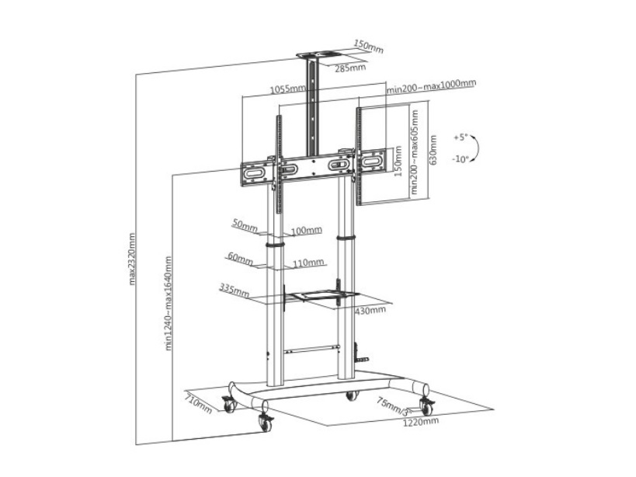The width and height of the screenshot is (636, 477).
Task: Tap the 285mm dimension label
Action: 350,68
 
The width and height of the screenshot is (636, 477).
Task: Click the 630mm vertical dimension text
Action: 433,150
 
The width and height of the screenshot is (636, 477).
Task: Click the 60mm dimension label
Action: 240,256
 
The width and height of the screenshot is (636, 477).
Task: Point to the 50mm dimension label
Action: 244,226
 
